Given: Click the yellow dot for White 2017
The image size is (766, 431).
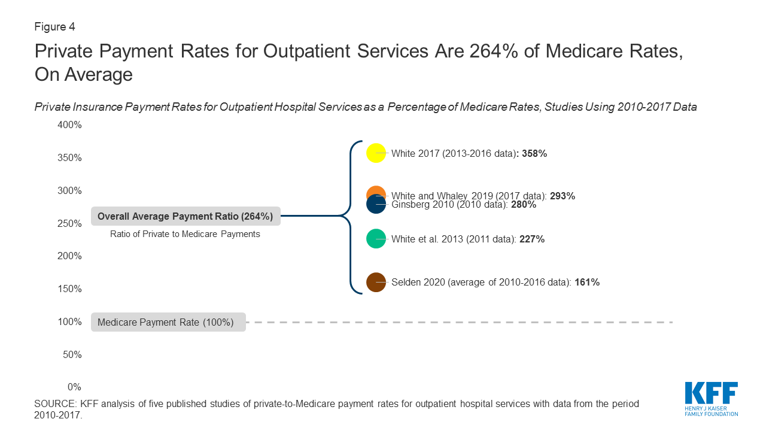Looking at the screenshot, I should (x=376, y=153).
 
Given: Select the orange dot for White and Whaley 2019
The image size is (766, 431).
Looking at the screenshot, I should (x=375, y=193).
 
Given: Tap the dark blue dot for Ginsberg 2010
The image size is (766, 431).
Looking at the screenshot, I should (x=376, y=205).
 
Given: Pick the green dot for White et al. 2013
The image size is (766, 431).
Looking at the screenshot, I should (x=376, y=239).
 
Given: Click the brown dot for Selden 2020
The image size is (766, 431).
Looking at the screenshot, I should (x=376, y=282).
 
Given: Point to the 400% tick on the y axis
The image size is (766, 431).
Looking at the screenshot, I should (x=69, y=125).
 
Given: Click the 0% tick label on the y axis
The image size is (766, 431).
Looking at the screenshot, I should (x=74, y=387).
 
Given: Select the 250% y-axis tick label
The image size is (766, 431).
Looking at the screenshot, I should (x=69, y=223).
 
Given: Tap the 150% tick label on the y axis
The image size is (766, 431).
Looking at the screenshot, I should (x=69, y=289).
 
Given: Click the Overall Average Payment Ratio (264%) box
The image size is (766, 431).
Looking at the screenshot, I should (x=185, y=217).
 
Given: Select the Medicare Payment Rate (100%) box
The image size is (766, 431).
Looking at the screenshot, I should (x=168, y=322).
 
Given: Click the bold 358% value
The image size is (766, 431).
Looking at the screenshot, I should (x=534, y=153).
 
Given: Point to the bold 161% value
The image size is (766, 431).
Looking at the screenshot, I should (x=586, y=282).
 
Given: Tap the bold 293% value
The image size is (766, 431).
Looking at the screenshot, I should (x=562, y=196).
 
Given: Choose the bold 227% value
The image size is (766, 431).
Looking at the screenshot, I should (x=531, y=239).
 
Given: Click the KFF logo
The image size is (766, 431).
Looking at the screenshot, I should (x=711, y=398).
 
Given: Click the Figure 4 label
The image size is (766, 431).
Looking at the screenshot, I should (x=54, y=27).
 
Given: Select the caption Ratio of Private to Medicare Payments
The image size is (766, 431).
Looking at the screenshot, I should (x=185, y=234).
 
